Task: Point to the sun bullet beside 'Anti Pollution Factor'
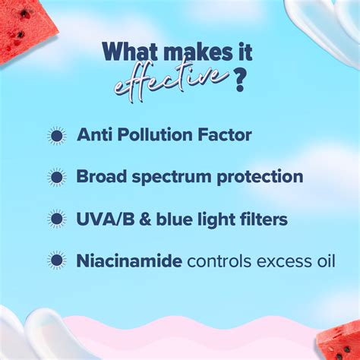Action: (56, 136)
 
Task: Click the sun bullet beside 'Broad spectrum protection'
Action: (56, 178)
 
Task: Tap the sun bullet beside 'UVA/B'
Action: (56, 219)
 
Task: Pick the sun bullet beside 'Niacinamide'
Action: (56, 261)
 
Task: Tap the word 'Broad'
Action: (101, 177)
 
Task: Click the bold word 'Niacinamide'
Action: (129, 261)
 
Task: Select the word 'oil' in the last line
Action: (323, 261)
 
